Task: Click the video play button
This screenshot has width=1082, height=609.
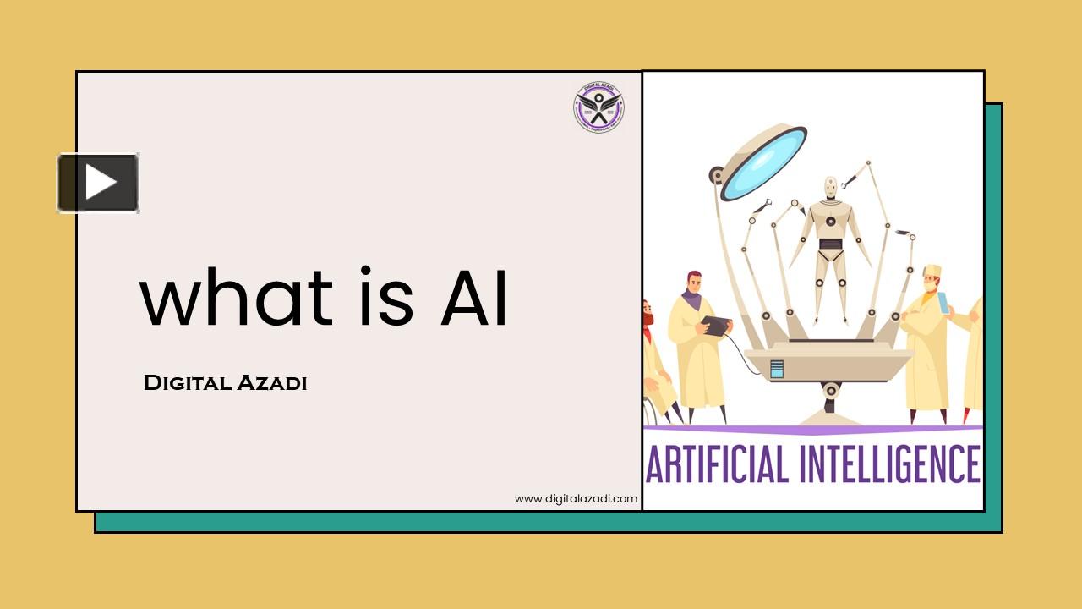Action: tap(98, 183)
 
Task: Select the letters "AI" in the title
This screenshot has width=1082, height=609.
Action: tap(474, 300)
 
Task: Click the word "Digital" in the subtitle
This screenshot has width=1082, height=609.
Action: tap(188, 383)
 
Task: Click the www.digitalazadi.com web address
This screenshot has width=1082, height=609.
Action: tap(576, 499)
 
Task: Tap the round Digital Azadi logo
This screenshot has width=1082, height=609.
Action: tap(598, 108)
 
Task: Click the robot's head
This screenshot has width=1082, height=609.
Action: tap(831, 187)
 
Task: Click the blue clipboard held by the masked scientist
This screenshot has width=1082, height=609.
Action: tap(943, 301)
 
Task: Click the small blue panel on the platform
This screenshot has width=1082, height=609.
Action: tap(777, 369)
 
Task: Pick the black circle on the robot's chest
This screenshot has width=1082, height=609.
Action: tap(830, 222)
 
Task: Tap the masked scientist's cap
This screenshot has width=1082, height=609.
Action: tap(932, 271)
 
